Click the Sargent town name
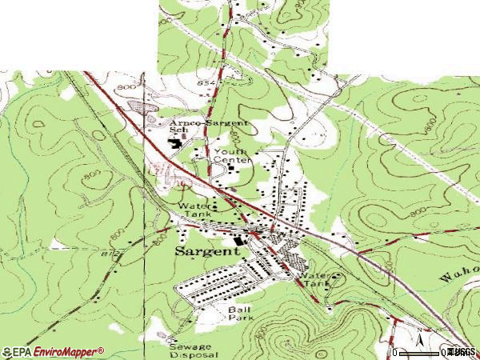pyautogui.click(x=206, y=251)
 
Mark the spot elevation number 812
pyautogui.click(x=111, y=254)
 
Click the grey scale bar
pyautogui.click(x=420, y=352)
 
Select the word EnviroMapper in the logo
pyautogui.click(x=66, y=351)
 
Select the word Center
pyautogui.click(x=238, y=160)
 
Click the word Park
pyautogui.click(x=239, y=317)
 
